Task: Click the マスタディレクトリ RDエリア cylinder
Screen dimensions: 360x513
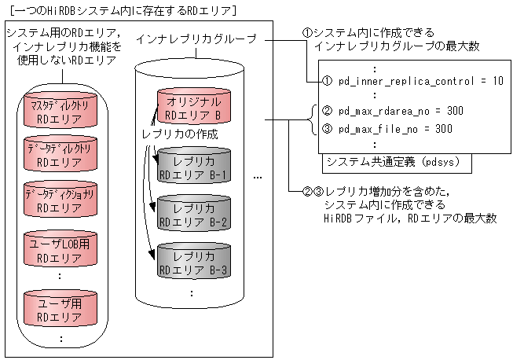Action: (60, 112)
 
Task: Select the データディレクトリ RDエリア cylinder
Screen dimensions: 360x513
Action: (60, 156)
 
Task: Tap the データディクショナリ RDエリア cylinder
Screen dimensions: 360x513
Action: (60, 200)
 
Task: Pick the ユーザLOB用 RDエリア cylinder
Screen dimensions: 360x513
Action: (60, 250)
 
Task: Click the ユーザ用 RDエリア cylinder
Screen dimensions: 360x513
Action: (60, 305)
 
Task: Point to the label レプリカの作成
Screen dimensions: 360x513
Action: (179, 134)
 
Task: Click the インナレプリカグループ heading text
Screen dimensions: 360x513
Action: (194, 39)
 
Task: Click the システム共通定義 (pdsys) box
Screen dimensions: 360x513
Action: (397, 163)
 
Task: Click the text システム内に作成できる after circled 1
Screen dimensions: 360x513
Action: (375, 33)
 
